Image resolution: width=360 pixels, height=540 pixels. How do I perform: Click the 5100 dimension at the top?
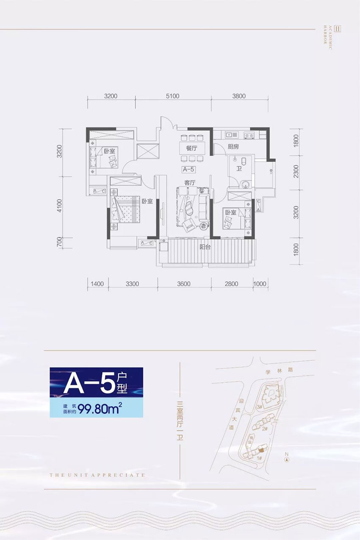tap(173, 96)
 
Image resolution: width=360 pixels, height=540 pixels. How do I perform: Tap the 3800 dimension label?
tap(239, 96)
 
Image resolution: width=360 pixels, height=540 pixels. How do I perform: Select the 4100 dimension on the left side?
tap(59, 207)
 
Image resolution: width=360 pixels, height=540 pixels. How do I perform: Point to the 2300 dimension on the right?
tap(296, 172)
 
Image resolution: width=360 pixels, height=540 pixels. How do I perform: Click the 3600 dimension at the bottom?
tap(184, 284)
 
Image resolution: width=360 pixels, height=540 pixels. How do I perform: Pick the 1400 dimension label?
tap(97, 284)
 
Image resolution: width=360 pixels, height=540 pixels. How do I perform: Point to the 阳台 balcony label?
tap(205, 247)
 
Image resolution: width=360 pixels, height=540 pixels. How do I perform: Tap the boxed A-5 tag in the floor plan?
tap(188, 169)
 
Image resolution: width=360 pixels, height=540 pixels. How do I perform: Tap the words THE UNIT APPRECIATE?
tap(97, 475)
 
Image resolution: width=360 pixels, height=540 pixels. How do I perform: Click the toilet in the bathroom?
tap(244, 162)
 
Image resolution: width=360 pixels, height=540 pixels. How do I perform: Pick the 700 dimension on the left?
tap(59, 242)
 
